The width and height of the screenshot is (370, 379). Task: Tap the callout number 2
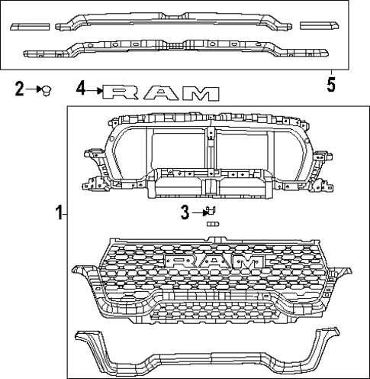(20, 90)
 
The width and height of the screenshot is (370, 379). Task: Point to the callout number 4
(82, 90)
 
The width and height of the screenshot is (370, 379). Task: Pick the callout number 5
(331, 83)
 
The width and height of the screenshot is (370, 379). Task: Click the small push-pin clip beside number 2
(47, 91)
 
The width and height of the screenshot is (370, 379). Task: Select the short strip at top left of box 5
(30, 26)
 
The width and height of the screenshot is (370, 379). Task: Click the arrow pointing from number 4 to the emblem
(96, 91)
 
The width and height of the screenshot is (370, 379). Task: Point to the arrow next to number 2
(34, 90)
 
